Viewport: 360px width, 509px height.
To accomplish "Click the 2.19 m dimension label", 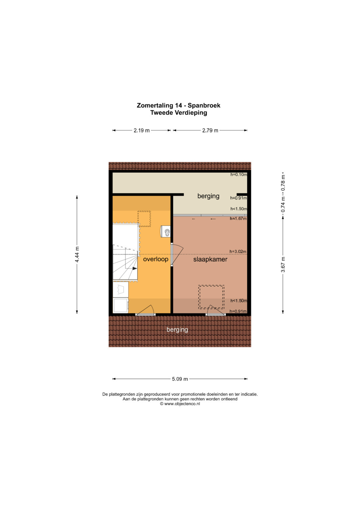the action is click(142, 130).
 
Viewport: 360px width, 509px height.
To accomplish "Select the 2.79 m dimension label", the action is click(210, 130).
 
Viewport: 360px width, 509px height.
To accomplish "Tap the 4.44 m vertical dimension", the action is click(77, 254).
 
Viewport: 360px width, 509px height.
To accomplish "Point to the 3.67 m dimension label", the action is click(283, 264).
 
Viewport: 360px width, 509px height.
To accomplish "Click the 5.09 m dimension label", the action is click(180, 379).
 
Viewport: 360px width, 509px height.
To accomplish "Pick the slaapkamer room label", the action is click(210, 259).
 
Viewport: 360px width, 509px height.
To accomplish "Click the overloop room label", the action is click(156, 259).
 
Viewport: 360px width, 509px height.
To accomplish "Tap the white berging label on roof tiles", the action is click(177, 330).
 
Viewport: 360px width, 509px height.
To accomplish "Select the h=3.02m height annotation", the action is click(238, 252).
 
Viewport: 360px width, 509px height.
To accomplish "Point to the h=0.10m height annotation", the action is click(239, 175).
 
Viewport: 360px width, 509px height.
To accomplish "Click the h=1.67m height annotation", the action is click(238, 219).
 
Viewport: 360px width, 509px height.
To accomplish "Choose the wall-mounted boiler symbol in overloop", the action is click(165, 231).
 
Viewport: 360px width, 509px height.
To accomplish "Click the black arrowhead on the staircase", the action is click(135, 268).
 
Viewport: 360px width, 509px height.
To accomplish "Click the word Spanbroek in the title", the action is click(204, 105).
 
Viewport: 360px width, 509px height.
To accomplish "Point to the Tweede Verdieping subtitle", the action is click(179, 113).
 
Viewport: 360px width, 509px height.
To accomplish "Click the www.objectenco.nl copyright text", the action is click(180, 404).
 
